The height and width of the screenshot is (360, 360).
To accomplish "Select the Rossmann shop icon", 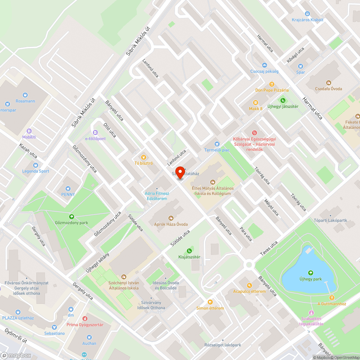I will click(25, 95).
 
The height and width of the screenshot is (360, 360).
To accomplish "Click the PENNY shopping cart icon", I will click(68, 188).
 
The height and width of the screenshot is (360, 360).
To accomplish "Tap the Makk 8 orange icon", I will click(256, 103).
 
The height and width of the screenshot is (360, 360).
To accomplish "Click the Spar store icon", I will click(301, 66).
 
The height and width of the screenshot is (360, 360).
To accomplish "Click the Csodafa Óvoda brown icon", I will click(328, 82).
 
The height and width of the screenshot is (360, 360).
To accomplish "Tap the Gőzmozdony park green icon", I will click(71, 217).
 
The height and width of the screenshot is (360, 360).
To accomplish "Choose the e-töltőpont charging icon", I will click(95, 132).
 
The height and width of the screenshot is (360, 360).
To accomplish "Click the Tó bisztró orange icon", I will click(143, 157).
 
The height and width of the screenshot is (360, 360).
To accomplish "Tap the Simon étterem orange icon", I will click(210, 302).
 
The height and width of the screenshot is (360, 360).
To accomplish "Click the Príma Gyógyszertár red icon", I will click(85, 319).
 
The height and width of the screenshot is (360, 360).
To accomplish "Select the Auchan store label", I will click(89, 343).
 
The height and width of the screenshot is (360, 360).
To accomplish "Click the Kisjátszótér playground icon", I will click(189, 251).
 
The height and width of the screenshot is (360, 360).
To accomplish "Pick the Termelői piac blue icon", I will click(217, 144).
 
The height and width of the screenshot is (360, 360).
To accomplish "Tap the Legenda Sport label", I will click(36, 171).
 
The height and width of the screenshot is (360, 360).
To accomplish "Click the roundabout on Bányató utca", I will click(248, 265).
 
